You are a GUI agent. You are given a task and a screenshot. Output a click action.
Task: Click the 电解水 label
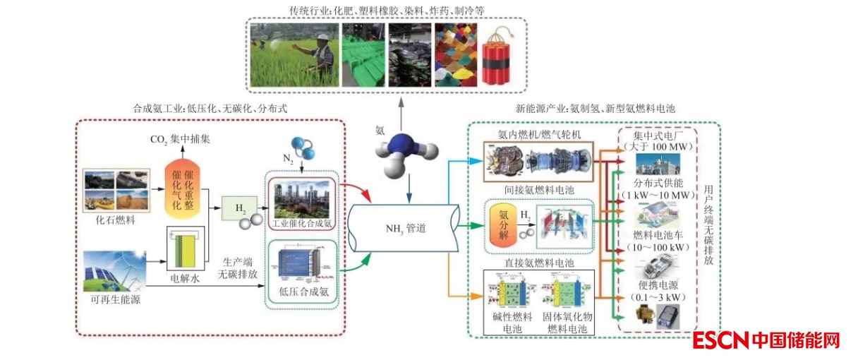186,279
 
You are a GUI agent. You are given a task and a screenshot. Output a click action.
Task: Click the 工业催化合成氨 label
303,223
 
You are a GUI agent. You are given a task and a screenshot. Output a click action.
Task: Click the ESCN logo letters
720,341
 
